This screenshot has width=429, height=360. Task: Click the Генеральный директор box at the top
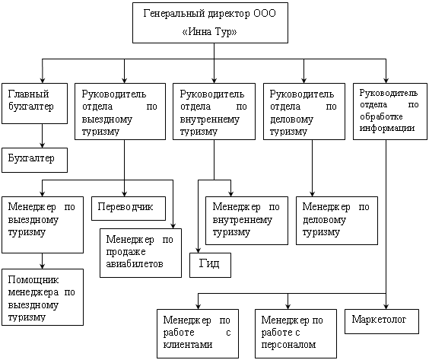210,23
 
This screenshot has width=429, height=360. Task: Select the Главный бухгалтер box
34,104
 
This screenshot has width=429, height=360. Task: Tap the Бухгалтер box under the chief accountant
34,160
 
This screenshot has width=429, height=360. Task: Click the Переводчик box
129,209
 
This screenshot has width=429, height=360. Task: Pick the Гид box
210,265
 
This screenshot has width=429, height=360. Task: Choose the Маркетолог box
382,321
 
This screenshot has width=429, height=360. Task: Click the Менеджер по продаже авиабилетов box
141,253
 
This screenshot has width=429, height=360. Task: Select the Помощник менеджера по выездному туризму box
43,297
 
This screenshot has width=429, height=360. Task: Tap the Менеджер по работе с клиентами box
198,333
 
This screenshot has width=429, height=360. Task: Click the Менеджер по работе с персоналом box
296,333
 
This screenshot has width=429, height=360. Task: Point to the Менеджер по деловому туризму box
337,221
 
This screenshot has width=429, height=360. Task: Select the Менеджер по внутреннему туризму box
246,221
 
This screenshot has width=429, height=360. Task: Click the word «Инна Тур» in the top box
210,32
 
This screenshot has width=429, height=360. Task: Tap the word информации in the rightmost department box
387,128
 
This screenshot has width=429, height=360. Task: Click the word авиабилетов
135,264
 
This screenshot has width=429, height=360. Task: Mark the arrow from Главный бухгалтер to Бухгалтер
42,135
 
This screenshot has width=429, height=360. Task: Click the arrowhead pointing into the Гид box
198,250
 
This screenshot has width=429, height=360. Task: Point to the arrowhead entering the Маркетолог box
386,306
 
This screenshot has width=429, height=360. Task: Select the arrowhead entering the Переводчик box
124,193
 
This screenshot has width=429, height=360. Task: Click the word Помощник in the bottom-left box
33,280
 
